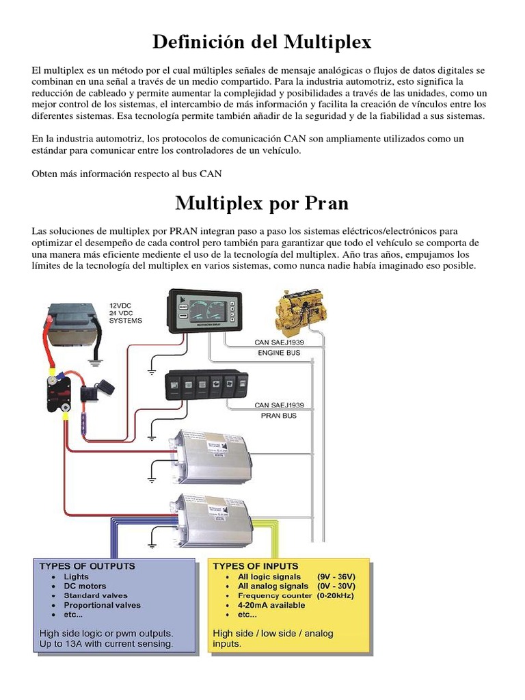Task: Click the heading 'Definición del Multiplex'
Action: coord(262,42)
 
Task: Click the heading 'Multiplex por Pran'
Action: coord(262,203)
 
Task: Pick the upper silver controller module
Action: coord(213,450)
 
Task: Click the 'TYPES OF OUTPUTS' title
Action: coord(87,566)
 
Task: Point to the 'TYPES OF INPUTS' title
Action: coord(256,566)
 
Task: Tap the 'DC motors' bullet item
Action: coord(85,587)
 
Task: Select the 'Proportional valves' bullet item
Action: coord(102,605)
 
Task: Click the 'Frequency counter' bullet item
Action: coord(273,595)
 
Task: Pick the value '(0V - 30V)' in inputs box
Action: coord(336,586)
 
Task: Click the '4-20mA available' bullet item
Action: coord(271,605)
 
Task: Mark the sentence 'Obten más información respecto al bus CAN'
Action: coord(127,174)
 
